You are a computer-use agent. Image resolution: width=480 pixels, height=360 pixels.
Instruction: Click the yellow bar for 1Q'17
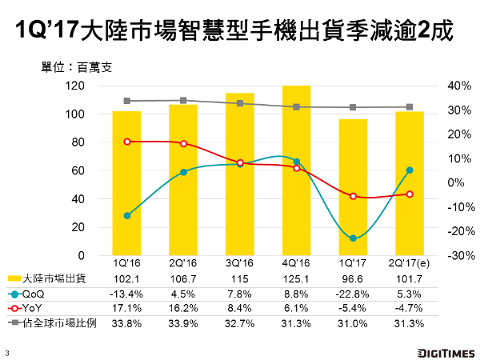coord(353,187)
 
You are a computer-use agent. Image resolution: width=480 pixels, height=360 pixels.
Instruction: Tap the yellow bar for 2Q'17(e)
coord(410,183)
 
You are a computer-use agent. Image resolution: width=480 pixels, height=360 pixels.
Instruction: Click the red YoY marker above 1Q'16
coord(127,142)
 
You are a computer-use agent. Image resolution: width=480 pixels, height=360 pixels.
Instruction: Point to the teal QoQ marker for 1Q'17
coord(353,238)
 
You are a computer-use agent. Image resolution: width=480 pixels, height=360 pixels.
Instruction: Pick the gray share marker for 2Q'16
coord(183,101)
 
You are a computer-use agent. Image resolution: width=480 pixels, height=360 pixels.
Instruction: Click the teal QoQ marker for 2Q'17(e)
coord(410,170)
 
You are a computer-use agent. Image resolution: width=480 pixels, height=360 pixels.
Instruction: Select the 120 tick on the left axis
coord(75,86)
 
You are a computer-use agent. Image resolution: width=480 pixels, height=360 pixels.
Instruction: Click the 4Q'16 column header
coord(296,263)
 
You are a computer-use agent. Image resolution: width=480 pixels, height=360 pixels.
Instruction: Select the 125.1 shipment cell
coord(296,278)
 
